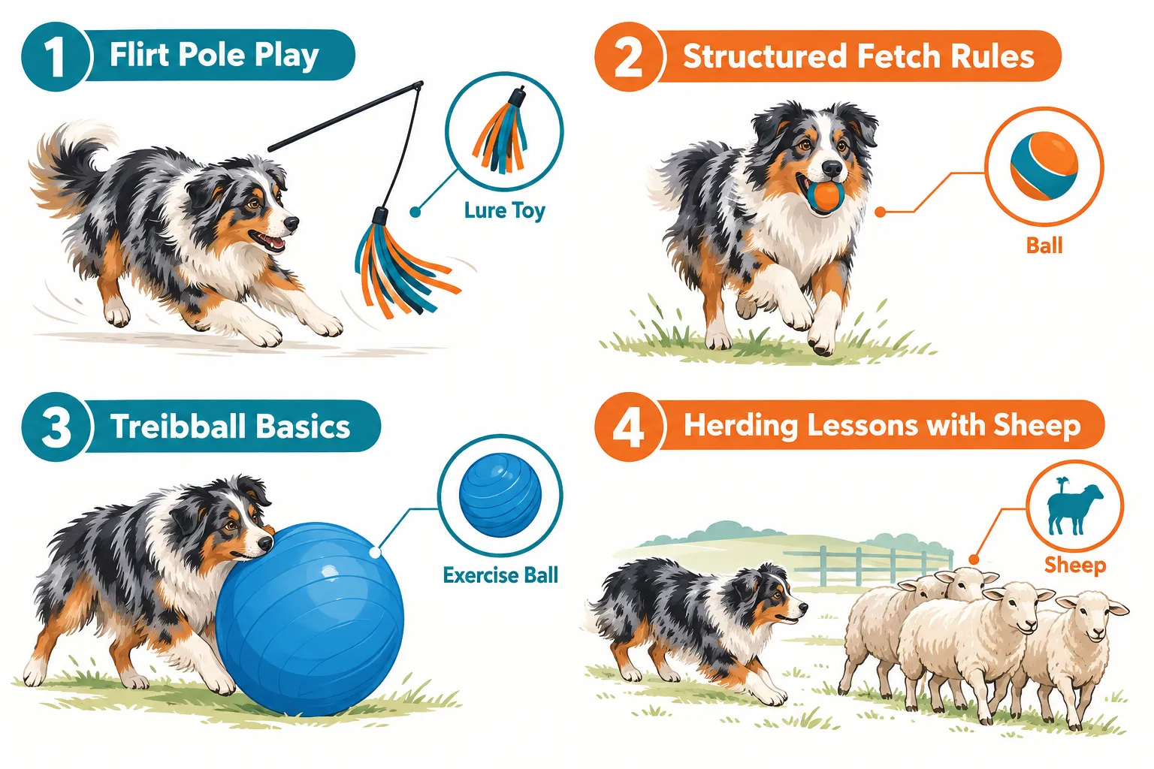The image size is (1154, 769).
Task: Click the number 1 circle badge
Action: (x=56, y=56)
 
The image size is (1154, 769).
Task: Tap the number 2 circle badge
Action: (x=629, y=56)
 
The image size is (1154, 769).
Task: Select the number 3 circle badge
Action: (x=56, y=427)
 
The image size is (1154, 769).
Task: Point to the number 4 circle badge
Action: (x=629, y=427)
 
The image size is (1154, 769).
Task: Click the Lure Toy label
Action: (x=504, y=211)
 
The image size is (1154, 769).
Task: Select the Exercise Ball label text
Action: (x=500, y=574)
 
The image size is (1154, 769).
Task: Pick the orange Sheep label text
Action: (x=1075, y=565)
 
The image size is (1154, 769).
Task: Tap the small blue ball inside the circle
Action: (x=500, y=494)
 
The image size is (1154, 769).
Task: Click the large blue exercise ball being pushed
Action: (x=310, y=619)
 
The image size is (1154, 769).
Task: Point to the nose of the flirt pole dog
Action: (x=291, y=223)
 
